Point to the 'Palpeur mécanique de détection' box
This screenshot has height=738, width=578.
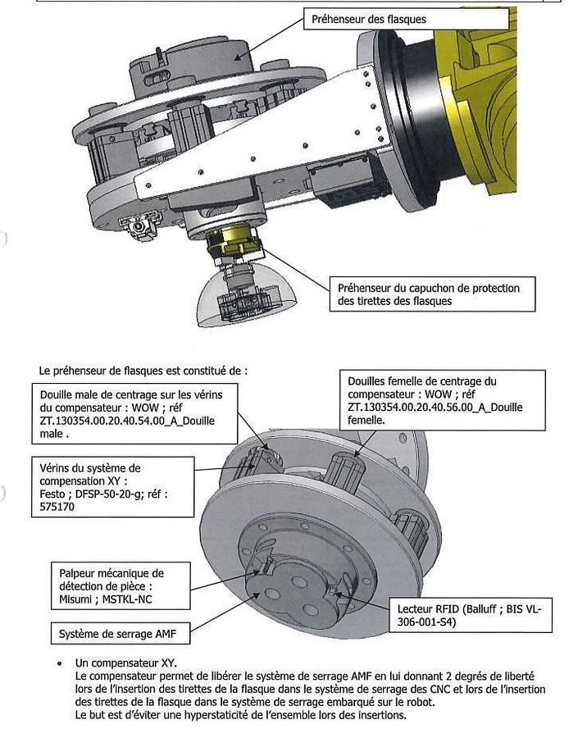coord(112,586)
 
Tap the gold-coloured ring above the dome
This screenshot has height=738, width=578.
coord(231,241)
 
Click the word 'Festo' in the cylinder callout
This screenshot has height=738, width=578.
coord(54,494)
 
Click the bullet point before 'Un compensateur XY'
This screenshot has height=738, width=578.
coord(60,663)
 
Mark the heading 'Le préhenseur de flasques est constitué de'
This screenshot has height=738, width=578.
coord(143,370)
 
